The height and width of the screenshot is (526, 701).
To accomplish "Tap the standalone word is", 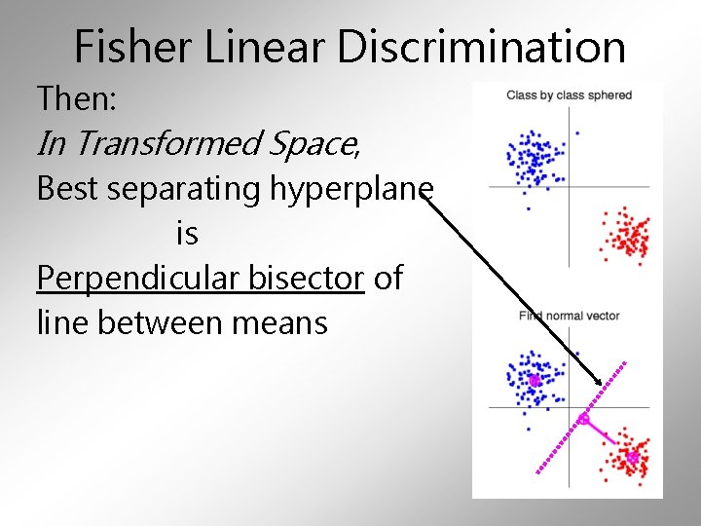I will [187, 233].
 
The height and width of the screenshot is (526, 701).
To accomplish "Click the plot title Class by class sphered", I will [569, 95].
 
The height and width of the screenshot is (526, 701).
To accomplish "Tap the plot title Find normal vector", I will [569, 316].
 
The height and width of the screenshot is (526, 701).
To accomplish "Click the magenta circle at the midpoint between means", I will [583, 419].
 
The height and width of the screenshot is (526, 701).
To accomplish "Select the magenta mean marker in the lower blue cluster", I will [534, 381].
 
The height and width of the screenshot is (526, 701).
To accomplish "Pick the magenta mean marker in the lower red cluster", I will [632, 456].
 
